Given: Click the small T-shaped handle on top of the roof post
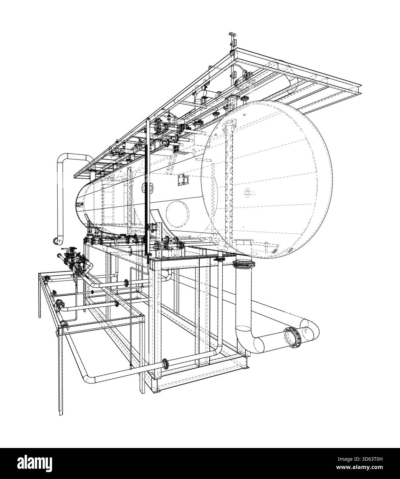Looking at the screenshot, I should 231,34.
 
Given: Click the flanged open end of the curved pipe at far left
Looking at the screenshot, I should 56,240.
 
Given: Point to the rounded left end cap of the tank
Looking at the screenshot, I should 82,203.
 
